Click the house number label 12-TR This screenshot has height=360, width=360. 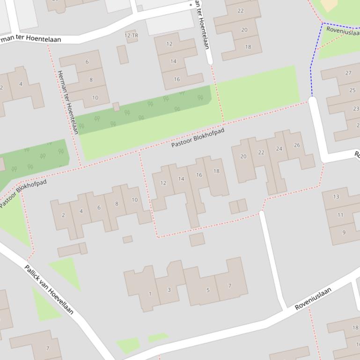[x=132, y=36]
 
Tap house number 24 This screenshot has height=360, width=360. [x=279, y=149]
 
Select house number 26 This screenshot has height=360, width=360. [x=297, y=145]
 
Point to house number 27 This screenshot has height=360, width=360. [x=348, y=72]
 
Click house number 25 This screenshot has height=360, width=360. [x=352, y=90]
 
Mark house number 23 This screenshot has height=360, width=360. [x=355, y=108]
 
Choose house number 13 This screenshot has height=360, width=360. [x=336, y=196]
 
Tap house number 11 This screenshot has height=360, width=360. [x=340, y=215]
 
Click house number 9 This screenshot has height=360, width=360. [x=344, y=232]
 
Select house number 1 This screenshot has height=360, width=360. [x=150, y=294]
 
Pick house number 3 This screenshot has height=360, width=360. [x=169, y=289]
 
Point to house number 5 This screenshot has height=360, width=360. [x=208, y=290]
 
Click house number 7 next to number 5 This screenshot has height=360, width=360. [x=229, y=286]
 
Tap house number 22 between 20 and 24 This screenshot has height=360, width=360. [x=261, y=152]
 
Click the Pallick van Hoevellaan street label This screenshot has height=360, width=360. [x=49, y=289]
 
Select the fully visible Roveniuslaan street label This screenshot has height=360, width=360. [x=313, y=299]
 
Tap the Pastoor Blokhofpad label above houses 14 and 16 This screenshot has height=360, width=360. [x=198, y=137]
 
